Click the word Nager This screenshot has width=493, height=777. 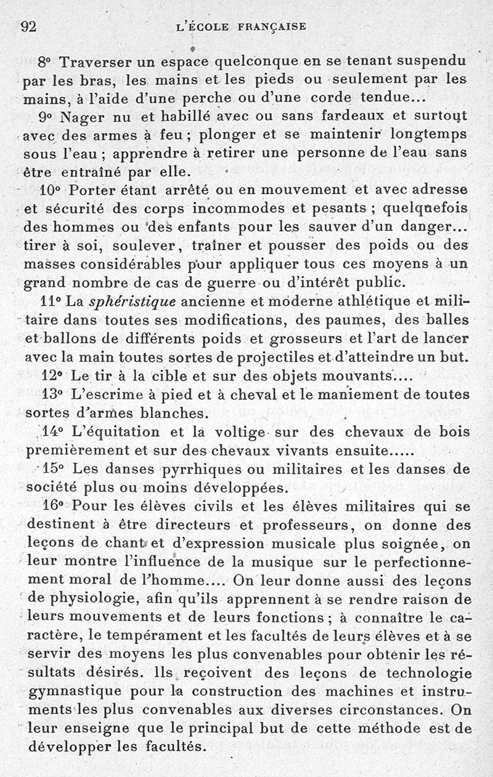(79, 116)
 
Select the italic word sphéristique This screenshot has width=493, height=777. (132, 302)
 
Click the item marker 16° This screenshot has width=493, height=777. (54, 506)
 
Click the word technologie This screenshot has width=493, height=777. (429, 673)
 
